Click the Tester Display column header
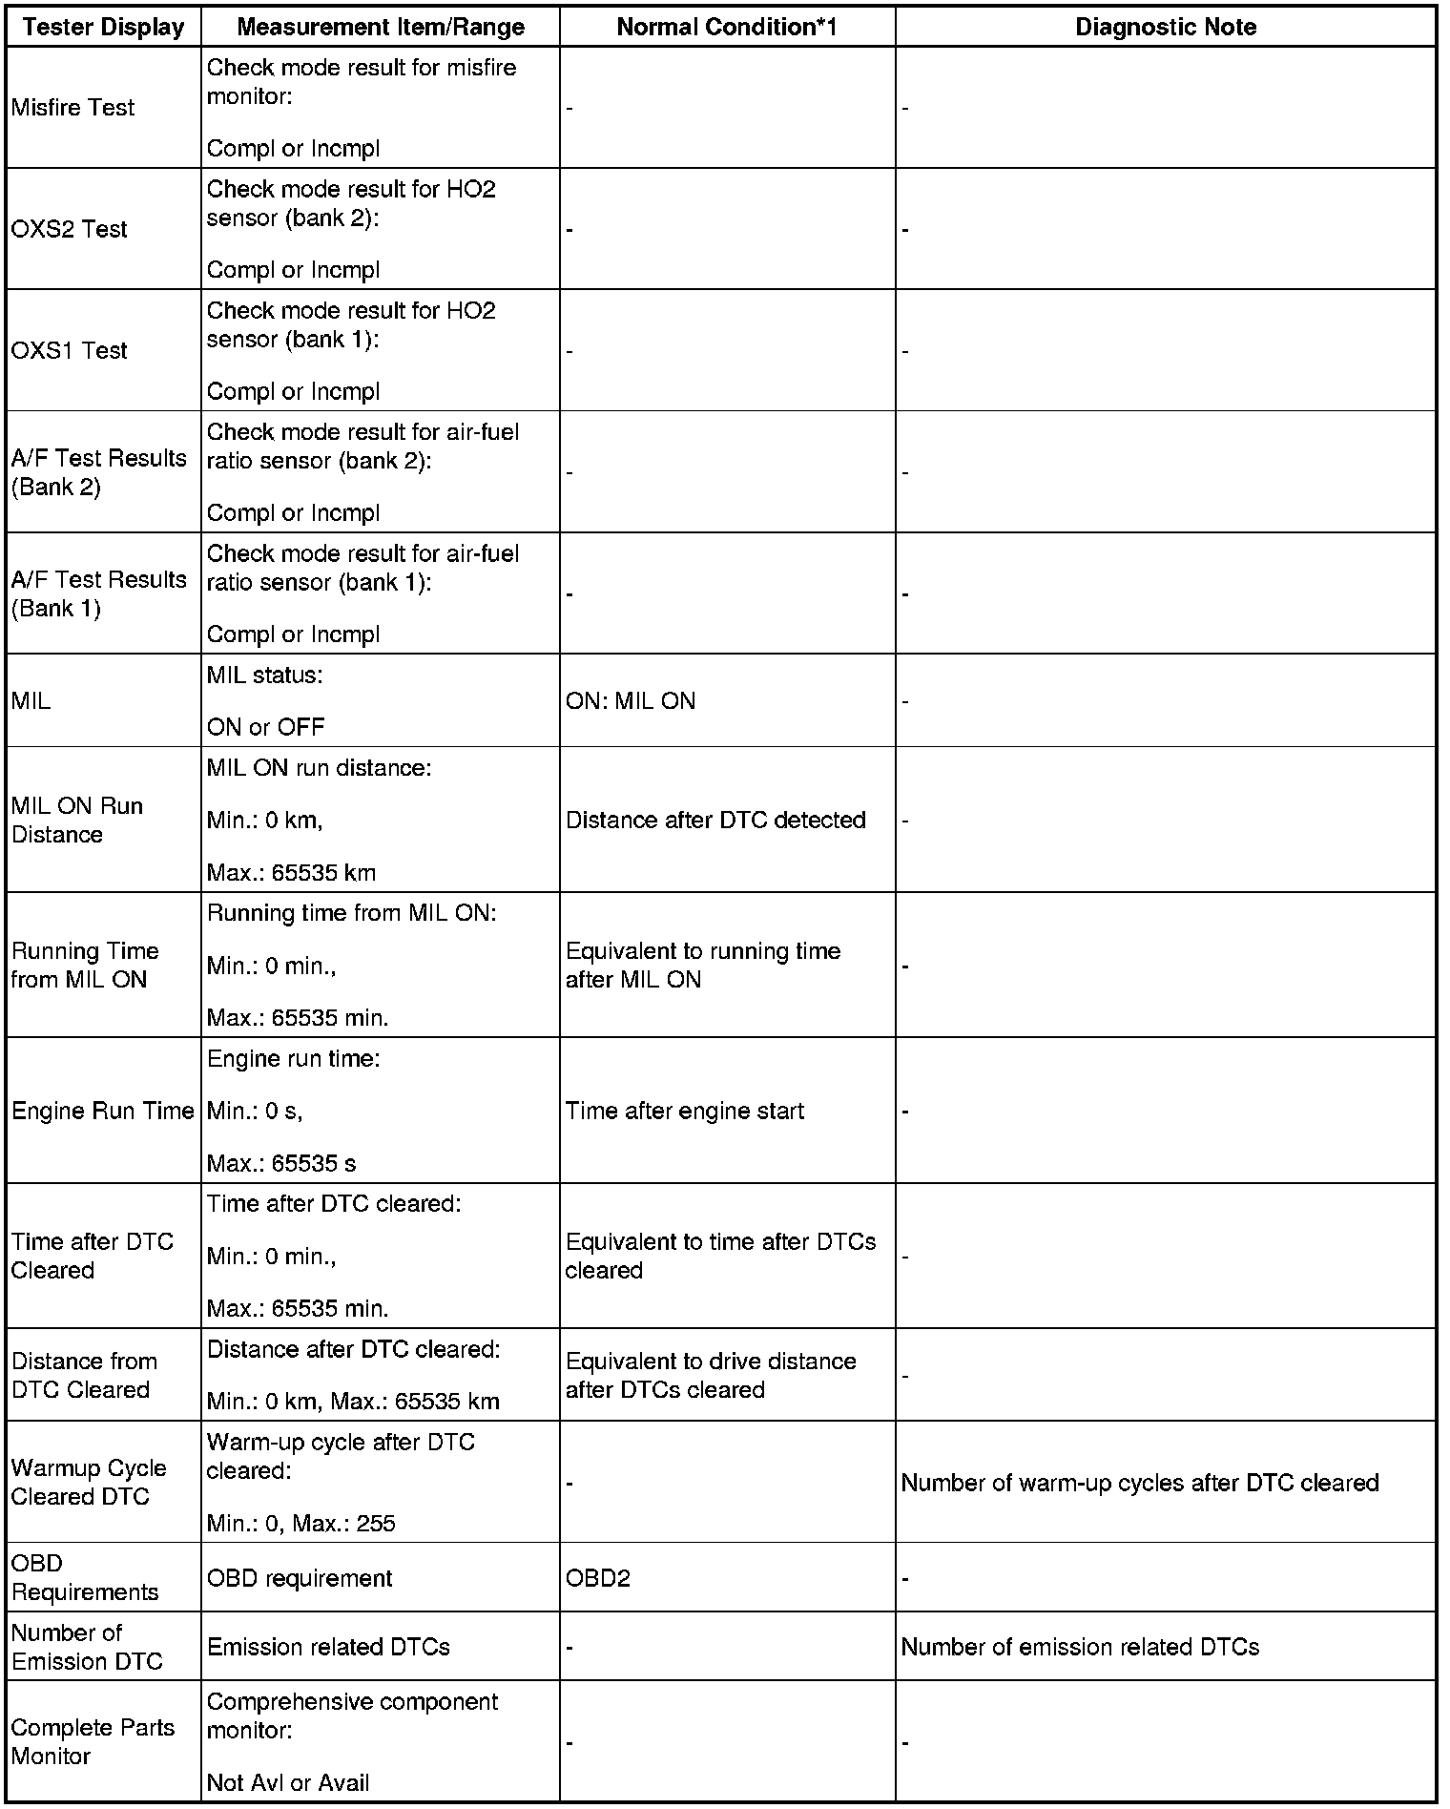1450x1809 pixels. pyautogui.click(x=103, y=27)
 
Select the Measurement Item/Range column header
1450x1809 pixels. pyautogui.click(x=380, y=27)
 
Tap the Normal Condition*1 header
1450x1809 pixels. pyautogui.click(x=726, y=27)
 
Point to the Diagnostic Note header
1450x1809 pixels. pyautogui.click(x=1165, y=27)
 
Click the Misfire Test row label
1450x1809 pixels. pyautogui.click(x=72, y=108)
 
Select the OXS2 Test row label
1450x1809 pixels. pyautogui.click(x=69, y=229)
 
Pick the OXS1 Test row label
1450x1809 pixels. pyautogui.click(x=69, y=350)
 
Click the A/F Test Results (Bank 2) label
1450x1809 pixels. pyautogui.click(x=98, y=472)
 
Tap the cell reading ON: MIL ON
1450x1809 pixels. pyautogui.click(x=630, y=701)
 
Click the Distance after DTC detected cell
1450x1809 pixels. pyautogui.click(x=715, y=820)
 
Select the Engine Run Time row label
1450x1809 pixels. pyautogui.click(x=102, y=1111)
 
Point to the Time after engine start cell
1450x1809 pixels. pyautogui.click(x=684, y=1111)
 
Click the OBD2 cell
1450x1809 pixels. pyautogui.click(x=597, y=1578)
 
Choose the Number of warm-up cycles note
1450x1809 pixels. pyautogui.click(x=1139, y=1483)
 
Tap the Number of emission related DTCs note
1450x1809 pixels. pyautogui.click(x=1079, y=1647)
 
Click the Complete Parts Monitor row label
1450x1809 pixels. pyautogui.click(x=93, y=1742)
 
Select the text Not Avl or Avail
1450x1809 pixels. pyautogui.click(x=287, y=1782)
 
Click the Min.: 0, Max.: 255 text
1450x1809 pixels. pyautogui.click(x=300, y=1523)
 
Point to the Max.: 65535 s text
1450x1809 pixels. pyautogui.click(x=281, y=1163)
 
